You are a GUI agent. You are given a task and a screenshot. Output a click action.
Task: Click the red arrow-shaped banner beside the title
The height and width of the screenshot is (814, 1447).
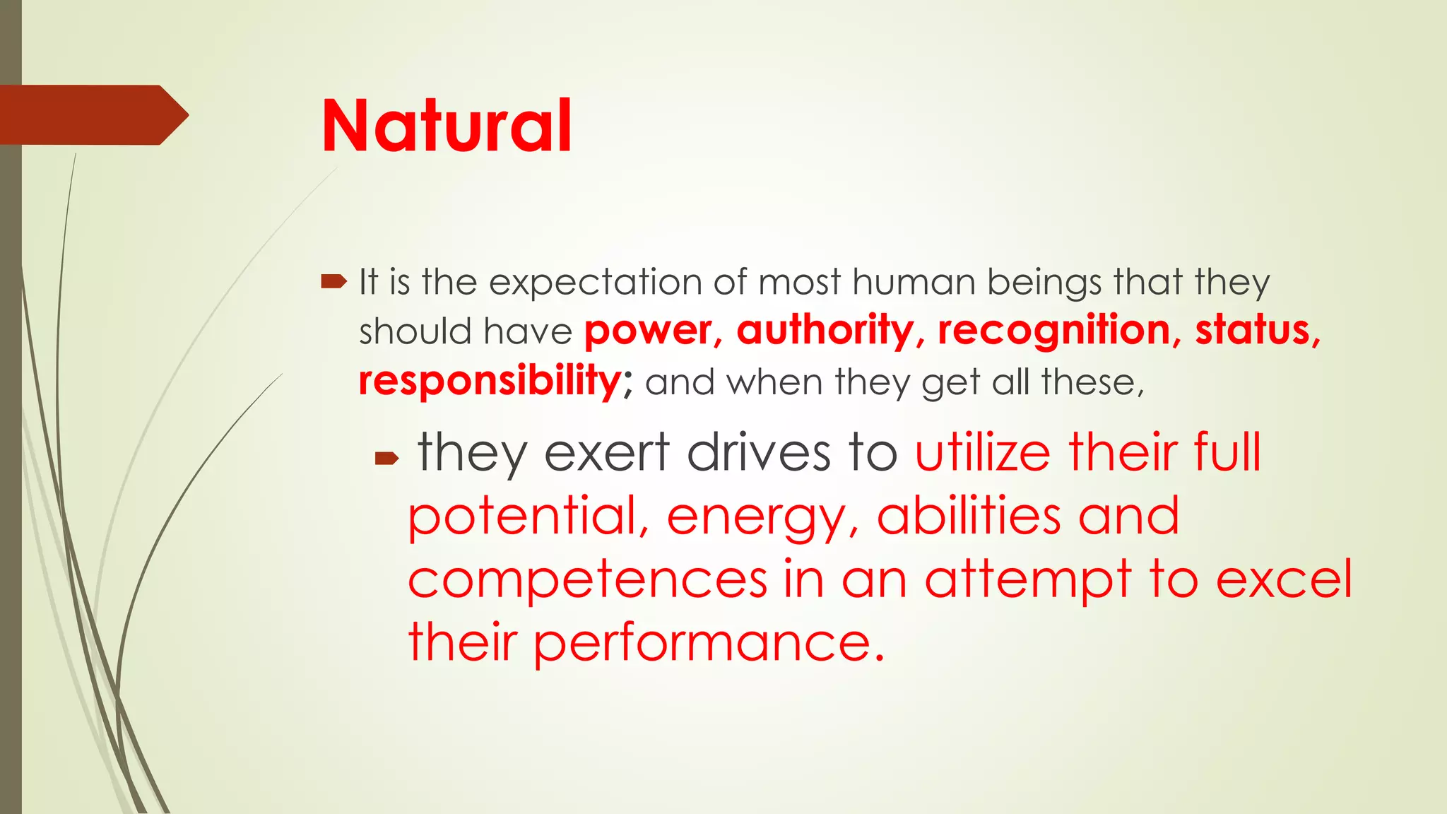(x=92, y=115)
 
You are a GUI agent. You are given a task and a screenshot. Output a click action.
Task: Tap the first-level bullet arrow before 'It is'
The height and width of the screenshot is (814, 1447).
(x=333, y=283)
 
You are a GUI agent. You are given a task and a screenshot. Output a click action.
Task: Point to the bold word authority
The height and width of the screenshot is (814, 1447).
(x=825, y=331)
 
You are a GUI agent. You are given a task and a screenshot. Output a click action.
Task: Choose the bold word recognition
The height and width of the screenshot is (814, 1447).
(x=1054, y=331)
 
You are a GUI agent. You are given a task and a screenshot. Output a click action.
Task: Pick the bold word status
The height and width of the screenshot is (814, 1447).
(x=1253, y=331)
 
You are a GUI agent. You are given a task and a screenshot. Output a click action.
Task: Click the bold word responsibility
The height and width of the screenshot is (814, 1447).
(x=490, y=381)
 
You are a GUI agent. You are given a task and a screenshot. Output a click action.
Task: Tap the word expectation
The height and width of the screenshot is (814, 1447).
(x=596, y=283)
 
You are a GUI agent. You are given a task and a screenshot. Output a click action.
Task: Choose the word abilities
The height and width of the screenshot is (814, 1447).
(x=969, y=516)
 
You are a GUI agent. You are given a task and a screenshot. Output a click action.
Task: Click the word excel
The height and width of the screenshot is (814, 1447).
(x=1283, y=579)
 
